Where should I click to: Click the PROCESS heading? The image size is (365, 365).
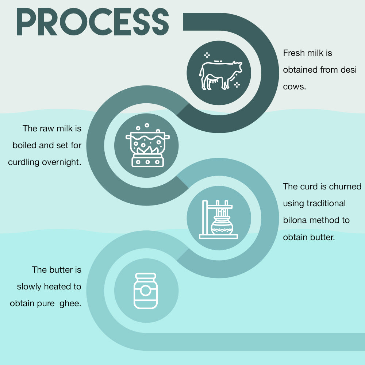93,22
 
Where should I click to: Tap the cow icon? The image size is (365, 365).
220,75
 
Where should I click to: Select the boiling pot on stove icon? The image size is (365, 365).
147,145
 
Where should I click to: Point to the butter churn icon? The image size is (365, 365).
218,219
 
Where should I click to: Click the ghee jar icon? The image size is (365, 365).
146,291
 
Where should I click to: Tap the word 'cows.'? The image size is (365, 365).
295,87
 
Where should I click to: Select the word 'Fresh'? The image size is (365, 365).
294,53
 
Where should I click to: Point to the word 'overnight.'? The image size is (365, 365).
62,162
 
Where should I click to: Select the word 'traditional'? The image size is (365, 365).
326,203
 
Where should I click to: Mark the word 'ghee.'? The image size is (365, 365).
70,304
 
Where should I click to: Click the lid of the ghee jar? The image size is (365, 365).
146,276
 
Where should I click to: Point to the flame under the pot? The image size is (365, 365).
147,150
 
